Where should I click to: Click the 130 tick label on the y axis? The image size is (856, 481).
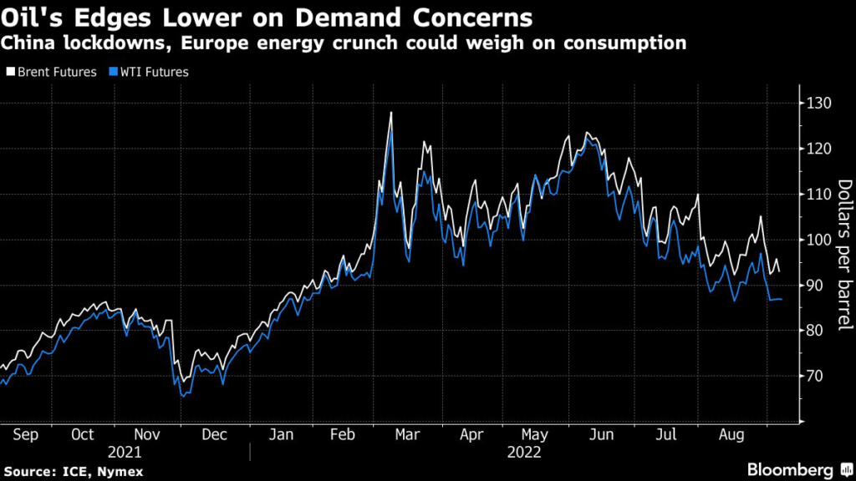(x=819, y=103)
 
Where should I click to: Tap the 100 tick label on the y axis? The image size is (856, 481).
(x=819, y=240)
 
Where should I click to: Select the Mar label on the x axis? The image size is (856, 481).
(x=407, y=434)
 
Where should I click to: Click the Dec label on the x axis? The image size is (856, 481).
(x=214, y=434)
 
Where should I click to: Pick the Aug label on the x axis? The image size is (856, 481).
(x=731, y=435)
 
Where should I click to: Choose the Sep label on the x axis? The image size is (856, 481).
(x=26, y=435)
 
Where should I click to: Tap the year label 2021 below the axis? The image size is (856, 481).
(x=125, y=453)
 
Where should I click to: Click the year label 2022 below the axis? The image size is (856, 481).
(x=524, y=453)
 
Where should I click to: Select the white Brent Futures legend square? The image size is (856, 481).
(x=10, y=72)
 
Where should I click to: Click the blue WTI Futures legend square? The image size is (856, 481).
(x=114, y=72)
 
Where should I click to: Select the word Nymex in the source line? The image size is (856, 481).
(x=120, y=472)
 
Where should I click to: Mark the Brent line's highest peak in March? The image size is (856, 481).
(x=391, y=113)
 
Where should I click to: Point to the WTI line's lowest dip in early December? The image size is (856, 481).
(x=183, y=397)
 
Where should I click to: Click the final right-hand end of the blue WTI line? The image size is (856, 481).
(x=782, y=300)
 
